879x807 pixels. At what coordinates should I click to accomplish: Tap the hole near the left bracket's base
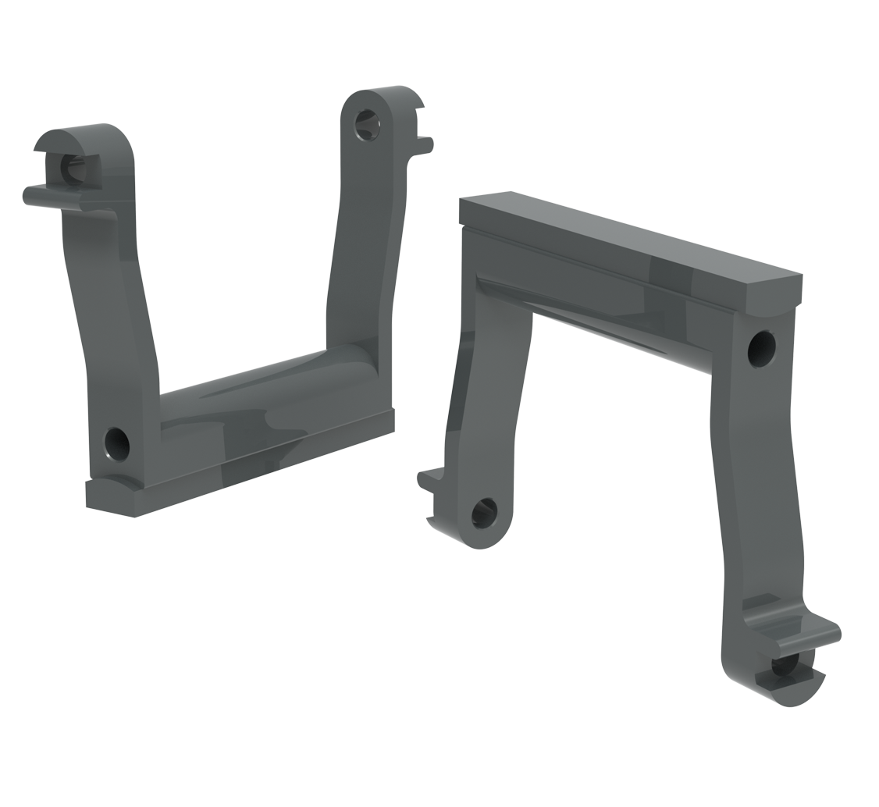[x=117, y=443]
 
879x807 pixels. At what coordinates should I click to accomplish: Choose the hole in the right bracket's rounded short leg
[x=485, y=513]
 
